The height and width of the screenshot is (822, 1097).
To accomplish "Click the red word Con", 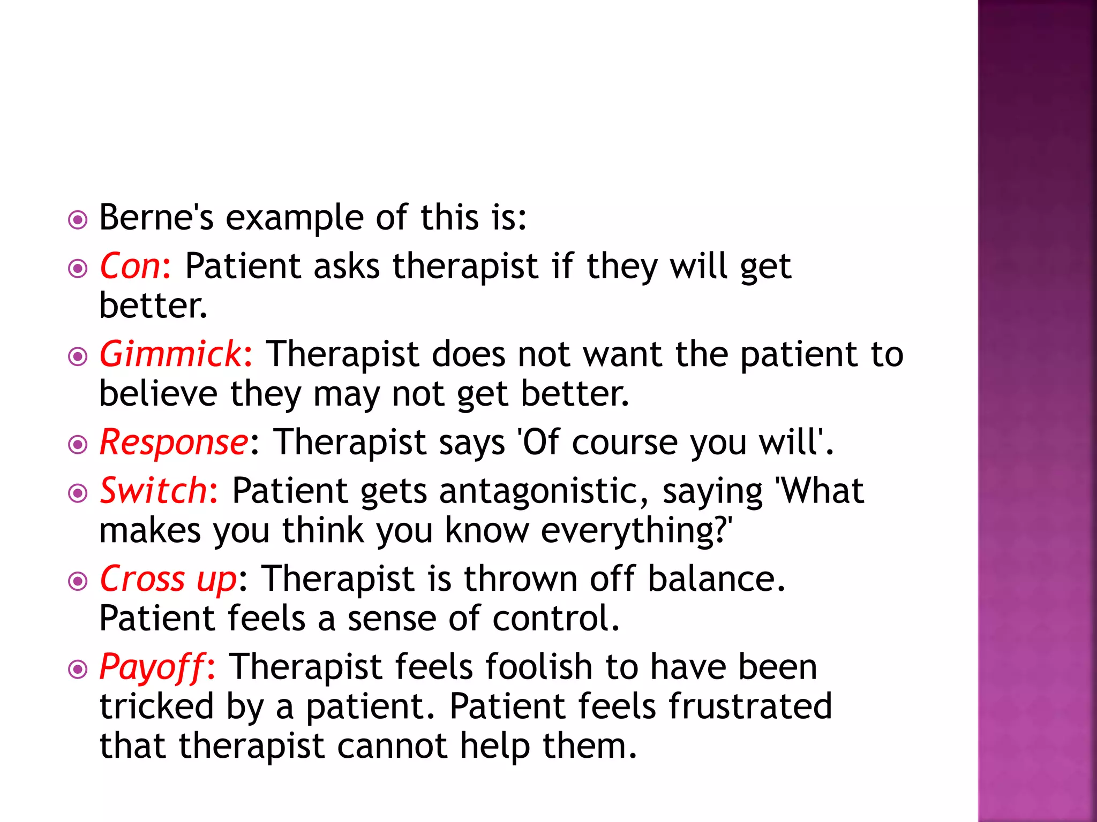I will [x=130, y=266].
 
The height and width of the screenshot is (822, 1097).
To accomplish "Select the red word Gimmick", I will [x=171, y=354].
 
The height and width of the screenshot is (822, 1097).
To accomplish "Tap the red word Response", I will [x=174, y=443].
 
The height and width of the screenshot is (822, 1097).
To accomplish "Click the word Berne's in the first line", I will [x=156, y=218].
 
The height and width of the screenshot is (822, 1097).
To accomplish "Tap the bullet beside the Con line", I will [x=78, y=268].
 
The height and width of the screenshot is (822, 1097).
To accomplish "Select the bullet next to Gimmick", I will [x=78, y=356].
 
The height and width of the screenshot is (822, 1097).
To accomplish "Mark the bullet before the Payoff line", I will [x=78, y=669].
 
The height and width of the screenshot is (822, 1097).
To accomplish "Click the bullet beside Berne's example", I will [x=78, y=220].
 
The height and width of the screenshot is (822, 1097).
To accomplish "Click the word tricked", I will [x=157, y=706].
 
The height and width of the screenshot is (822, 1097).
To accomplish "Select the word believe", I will [x=158, y=394].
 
